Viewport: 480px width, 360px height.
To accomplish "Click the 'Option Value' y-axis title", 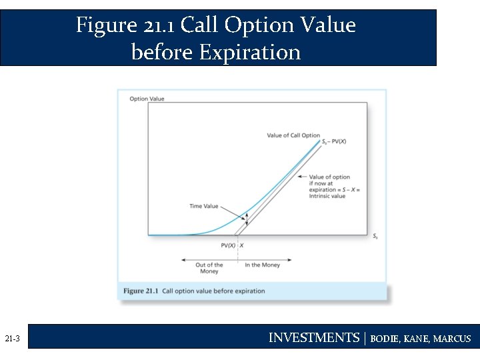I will pyautogui.click(x=147, y=99).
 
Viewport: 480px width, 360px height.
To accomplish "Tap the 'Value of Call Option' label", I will pyautogui.click(x=293, y=135).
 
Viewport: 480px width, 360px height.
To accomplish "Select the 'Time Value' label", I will pyautogui.click(x=204, y=206).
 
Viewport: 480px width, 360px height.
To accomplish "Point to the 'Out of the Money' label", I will pyautogui.click(x=210, y=268).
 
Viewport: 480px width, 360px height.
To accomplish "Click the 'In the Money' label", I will pyautogui.click(x=262, y=265).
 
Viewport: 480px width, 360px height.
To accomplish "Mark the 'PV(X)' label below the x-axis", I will pyautogui.click(x=227, y=245).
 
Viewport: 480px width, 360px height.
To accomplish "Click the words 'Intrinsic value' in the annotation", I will pyautogui.click(x=327, y=196).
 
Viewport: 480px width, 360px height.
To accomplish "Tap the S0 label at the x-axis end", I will pyautogui.click(x=375, y=236).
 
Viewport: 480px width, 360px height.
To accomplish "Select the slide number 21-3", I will pyautogui.click(x=12, y=339).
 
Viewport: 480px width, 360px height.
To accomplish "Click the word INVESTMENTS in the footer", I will pyautogui.click(x=313, y=338).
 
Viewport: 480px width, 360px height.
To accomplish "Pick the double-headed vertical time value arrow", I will pyautogui.click(x=246, y=219).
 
